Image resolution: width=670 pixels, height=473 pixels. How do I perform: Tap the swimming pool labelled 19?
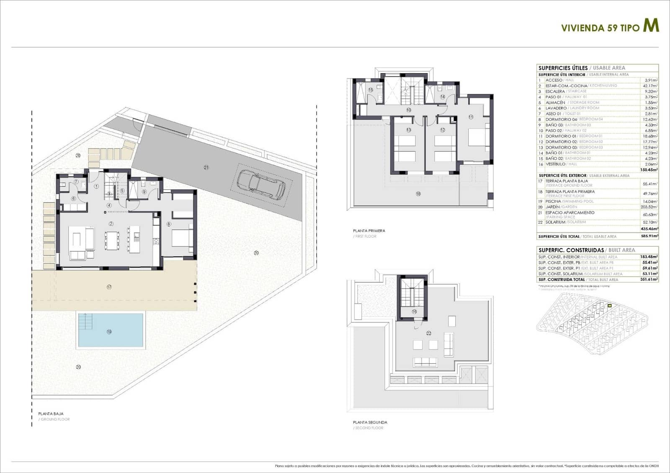111,330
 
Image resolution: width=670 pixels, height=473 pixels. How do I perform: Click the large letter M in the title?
651,26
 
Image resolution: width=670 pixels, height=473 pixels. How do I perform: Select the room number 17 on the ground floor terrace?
109,287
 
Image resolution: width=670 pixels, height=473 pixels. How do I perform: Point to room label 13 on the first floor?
409,130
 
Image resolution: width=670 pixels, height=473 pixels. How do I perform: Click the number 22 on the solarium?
428,333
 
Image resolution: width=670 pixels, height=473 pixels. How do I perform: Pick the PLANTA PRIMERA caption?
369,230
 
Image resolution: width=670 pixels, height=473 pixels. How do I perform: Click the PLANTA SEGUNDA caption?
370,422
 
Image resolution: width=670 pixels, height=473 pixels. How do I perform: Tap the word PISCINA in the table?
553,201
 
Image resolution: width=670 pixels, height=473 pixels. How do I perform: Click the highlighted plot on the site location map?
610,306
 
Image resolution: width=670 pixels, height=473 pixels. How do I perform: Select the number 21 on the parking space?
206,167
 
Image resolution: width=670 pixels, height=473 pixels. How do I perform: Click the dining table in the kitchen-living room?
112,240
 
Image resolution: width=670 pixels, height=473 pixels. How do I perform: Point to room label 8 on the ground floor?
169,224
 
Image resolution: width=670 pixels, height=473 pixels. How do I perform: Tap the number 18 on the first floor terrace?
418,194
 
